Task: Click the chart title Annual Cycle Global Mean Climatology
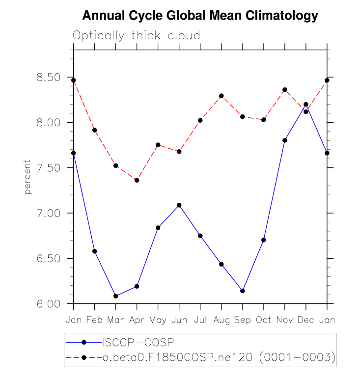pyautogui.click(x=200, y=16)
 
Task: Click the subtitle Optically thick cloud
pyautogui.click(x=137, y=35)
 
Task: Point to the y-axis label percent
pyautogui.click(x=28, y=177)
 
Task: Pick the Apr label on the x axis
pyautogui.click(x=137, y=320)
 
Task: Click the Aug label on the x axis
pyautogui.click(x=221, y=320)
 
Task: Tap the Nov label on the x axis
pyautogui.click(x=284, y=320)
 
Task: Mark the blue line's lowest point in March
pyautogui.click(x=116, y=296)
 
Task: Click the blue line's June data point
pyautogui.click(x=179, y=205)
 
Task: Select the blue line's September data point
pyautogui.click(x=243, y=291)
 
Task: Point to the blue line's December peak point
pyautogui.click(x=306, y=104)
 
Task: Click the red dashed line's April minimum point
pyautogui.click(x=137, y=180)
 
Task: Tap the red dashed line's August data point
pyautogui.click(x=222, y=96)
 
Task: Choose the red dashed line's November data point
pyautogui.click(x=285, y=90)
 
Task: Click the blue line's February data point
pyautogui.click(x=95, y=251)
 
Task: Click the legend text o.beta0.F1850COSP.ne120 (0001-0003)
pyautogui.click(x=219, y=358)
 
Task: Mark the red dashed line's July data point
pyautogui.click(x=200, y=120)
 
